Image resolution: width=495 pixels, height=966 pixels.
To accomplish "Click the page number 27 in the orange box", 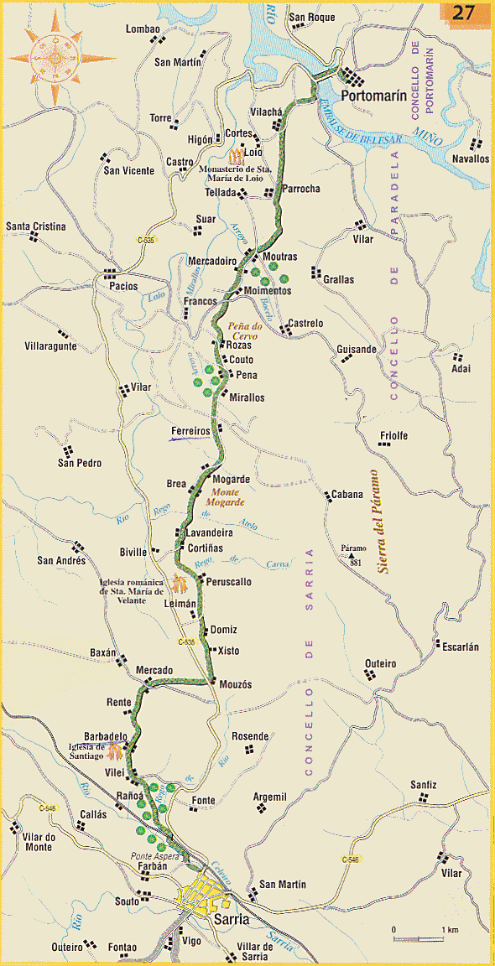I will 464,13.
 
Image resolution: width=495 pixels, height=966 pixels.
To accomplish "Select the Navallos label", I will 470,158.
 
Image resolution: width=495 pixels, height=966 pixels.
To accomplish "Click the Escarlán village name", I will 460,647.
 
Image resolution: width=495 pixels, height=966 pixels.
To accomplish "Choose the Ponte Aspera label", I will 151,855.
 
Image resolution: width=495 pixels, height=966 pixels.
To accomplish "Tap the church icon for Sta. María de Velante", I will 178,582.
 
